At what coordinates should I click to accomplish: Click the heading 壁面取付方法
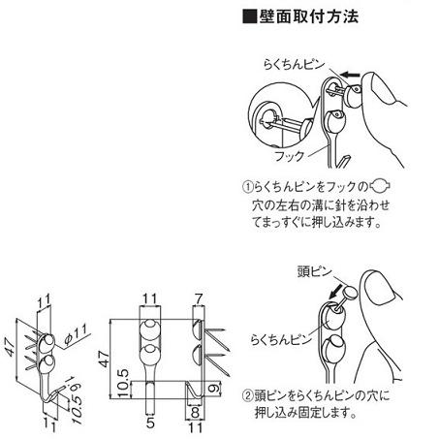[x=295, y=16]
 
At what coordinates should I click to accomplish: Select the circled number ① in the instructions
[x=247, y=188]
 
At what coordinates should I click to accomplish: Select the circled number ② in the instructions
[x=247, y=394]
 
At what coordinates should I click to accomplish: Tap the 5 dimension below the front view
[x=150, y=423]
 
